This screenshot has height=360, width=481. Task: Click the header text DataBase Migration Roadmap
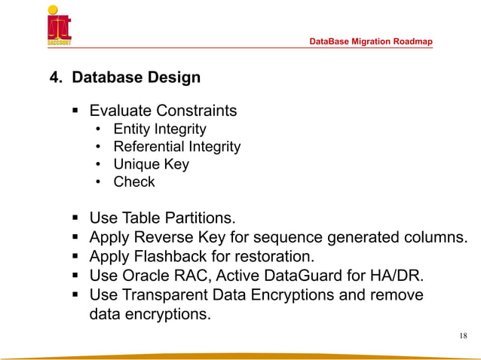click(x=371, y=41)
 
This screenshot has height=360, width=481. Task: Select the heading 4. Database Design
click(x=124, y=77)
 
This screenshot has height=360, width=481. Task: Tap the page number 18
click(x=462, y=335)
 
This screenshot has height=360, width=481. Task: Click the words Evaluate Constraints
click(x=163, y=111)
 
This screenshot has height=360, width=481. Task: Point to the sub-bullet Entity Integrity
click(x=159, y=130)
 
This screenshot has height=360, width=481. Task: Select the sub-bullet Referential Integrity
click(x=176, y=147)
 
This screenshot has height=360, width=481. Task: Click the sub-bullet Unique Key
click(x=151, y=164)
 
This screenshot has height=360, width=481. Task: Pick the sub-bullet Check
click(x=133, y=182)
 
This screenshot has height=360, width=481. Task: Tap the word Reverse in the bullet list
click(x=159, y=238)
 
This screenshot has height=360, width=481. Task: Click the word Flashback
click(x=171, y=257)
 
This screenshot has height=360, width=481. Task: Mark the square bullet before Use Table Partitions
click(x=76, y=219)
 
